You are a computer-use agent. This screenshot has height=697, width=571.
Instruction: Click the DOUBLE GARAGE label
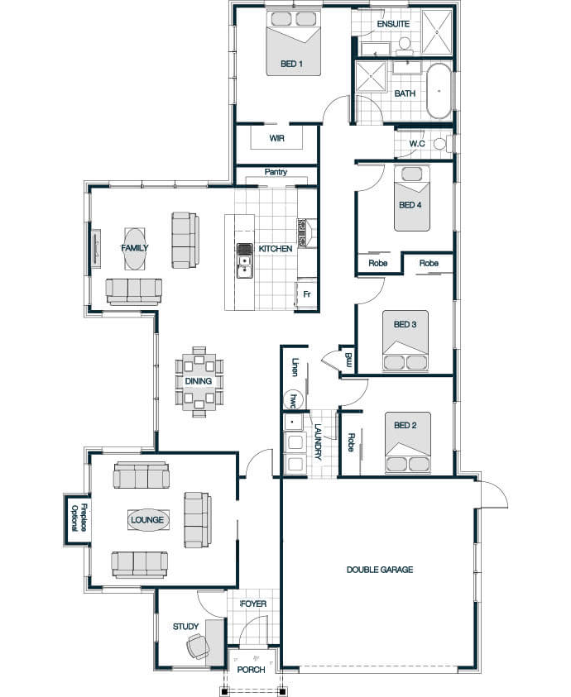[380, 570]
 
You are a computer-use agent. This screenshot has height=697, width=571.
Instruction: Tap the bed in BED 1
[293, 43]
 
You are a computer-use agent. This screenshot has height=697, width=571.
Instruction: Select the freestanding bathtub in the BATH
[439, 91]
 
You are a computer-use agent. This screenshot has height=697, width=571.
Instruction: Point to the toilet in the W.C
[443, 144]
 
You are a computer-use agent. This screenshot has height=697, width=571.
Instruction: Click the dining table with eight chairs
[199, 381]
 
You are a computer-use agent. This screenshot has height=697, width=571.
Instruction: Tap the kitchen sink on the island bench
[244, 260]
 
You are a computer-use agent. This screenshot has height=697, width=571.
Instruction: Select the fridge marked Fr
[306, 294]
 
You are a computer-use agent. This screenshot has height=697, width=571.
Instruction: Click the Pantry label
[276, 172]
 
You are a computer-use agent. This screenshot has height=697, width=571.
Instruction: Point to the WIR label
[276, 138]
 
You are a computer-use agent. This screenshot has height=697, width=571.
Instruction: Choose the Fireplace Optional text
[79, 518]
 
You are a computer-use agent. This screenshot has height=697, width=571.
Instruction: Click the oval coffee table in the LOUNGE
[148, 519]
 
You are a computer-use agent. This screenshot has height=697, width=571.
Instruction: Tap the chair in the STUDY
[199, 647]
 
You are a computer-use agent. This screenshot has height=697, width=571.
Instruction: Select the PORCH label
[251, 670]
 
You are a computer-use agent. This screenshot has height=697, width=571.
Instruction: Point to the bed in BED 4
[412, 198]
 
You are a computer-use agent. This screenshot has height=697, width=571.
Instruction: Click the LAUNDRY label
[318, 441]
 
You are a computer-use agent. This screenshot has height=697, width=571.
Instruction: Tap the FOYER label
[254, 604]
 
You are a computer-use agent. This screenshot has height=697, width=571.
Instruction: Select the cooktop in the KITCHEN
[303, 232]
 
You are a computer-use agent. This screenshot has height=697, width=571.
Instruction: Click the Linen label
[295, 367]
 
